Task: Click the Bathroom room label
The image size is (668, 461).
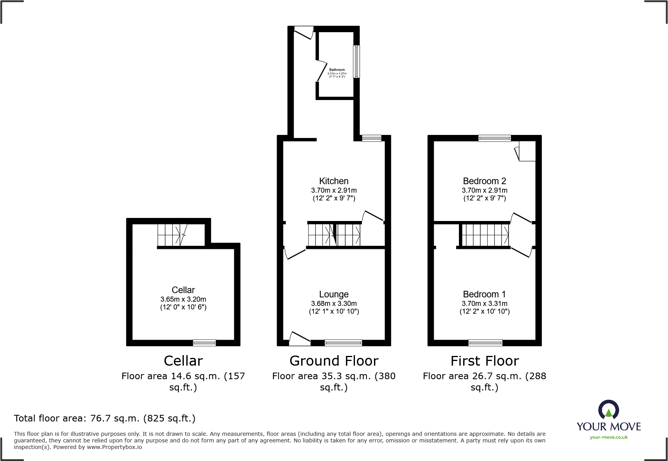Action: coord(337,70)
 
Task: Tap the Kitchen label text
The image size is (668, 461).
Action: coord(334,181)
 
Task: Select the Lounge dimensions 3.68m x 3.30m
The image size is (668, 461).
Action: coord(334,304)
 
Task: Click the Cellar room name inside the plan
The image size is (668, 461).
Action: coord(183,290)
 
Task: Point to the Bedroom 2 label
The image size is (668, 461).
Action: coord(485,181)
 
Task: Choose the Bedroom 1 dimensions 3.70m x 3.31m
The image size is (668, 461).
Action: coord(485,304)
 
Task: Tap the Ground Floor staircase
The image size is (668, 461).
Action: coord(334,235)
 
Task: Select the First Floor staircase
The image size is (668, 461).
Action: coord(485,235)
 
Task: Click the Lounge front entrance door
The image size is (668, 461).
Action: coord(300,339)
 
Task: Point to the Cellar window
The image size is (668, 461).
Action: coord(204,343)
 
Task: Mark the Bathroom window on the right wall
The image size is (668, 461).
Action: coord(356,62)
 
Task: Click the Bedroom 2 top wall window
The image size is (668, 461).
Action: coord(495,138)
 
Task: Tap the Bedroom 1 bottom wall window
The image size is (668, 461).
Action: coord(485,343)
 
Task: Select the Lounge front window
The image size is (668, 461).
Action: coord(343,343)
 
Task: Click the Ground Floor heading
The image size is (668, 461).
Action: coord(334,361)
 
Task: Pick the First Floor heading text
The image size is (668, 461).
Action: coord(485,361)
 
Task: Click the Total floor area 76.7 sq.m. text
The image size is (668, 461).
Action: coord(105,418)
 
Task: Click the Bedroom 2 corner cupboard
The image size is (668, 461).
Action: coord(527,151)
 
